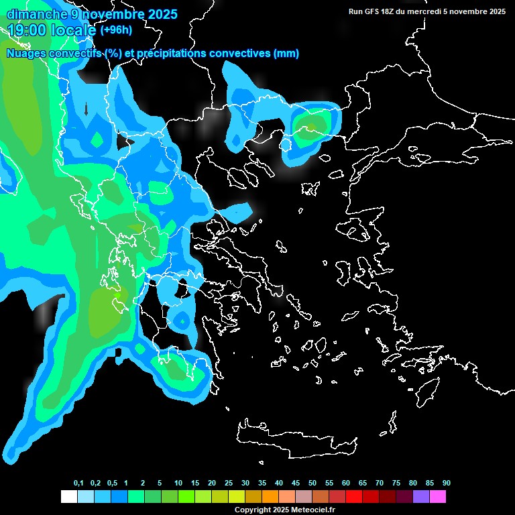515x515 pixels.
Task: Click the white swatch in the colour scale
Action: click(x=68, y=496)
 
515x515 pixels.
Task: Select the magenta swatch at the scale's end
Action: click(x=438, y=496)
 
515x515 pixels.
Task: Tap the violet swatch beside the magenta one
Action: click(x=421, y=496)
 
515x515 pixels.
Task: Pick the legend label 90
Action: click(x=446, y=483)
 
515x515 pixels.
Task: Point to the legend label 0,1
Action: click(x=78, y=483)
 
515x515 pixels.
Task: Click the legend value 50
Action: click(x=312, y=483)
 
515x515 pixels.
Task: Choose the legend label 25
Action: click(x=229, y=483)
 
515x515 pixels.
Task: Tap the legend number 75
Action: click(x=396, y=483)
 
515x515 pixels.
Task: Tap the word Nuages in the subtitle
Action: click(x=24, y=54)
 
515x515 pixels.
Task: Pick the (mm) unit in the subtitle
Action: click(x=286, y=54)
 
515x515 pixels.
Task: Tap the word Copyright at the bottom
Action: click(x=253, y=510)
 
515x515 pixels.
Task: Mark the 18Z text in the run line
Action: click(x=390, y=11)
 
